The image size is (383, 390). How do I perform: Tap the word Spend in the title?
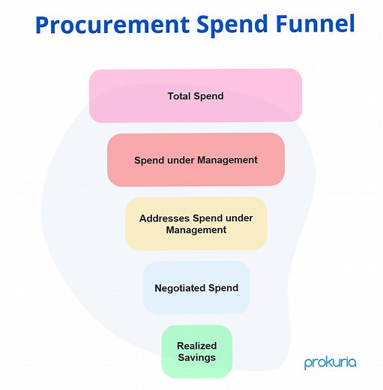(232, 25)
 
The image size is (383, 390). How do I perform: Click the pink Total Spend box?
(196, 96)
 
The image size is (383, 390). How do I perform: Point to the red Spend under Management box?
(196, 160)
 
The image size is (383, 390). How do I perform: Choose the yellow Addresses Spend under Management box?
(196, 223)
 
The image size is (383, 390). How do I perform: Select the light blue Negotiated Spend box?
(196, 287)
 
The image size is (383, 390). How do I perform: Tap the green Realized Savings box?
(196, 351)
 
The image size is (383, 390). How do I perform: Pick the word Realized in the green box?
(196, 346)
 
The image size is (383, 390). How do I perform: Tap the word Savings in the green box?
(196, 357)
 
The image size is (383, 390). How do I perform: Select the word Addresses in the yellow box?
(165, 218)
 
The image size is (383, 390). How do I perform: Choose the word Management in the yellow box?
(196, 229)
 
